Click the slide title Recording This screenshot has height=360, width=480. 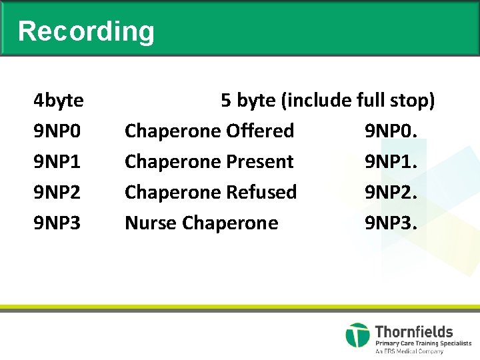[x=86, y=31]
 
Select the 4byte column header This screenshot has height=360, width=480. [x=59, y=101]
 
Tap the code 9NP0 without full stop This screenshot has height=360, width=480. [x=57, y=131]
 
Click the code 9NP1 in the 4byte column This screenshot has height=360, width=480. [x=57, y=162]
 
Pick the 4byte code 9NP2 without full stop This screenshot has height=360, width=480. [x=57, y=192]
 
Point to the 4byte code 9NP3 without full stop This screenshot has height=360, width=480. [x=57, y=223]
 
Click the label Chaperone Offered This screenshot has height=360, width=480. [x=209, y=131]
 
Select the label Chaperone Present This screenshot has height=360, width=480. [x=209, y=162]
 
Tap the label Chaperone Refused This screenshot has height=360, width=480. [x=211, y=192]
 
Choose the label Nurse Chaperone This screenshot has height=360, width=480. [x=201, y=223]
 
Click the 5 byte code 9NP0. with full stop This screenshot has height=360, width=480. [x=391, y=131]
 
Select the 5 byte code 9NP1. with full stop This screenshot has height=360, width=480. [x=391, y=162]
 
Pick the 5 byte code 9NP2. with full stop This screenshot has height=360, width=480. [x=391, y=192]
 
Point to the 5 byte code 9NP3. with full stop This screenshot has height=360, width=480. [x=391, y=223]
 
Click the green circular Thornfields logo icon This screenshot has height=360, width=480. [x=357, y=335]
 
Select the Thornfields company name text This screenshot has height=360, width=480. [x=414, y=331]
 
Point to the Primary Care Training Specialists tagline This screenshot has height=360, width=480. [x=423, y=343]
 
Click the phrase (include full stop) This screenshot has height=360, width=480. [x=358, y=101]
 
